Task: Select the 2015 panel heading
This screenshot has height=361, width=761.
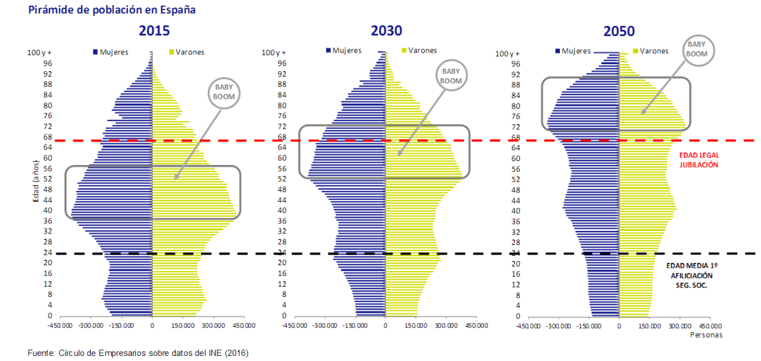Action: (154, 30)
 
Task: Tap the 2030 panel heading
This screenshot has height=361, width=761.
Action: (386, 30)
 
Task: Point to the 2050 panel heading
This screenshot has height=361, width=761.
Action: (619, 30)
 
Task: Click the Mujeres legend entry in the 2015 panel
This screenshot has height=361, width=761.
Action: (112, 52)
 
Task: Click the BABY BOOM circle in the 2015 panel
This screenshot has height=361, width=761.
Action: (224, 93)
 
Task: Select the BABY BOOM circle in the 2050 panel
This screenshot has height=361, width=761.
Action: (698, 49)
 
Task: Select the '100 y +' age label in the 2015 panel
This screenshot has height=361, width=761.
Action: (41, 53)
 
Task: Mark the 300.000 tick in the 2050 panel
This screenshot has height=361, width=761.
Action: (679, 325)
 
